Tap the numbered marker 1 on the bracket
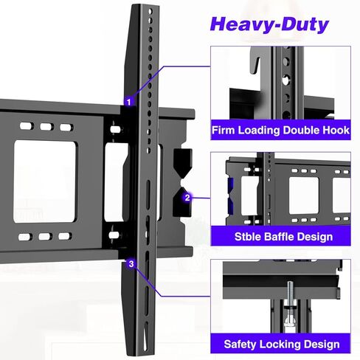pyautogui.click(x=129, y=102)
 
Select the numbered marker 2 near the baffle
pyautogui.click(x=187, y=197)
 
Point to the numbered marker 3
pyautogui.click(x=131, y=263)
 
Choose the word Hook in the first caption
pyautogui.click(x=333, y=131)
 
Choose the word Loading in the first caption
pyautogui.click(x=259, y=131)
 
